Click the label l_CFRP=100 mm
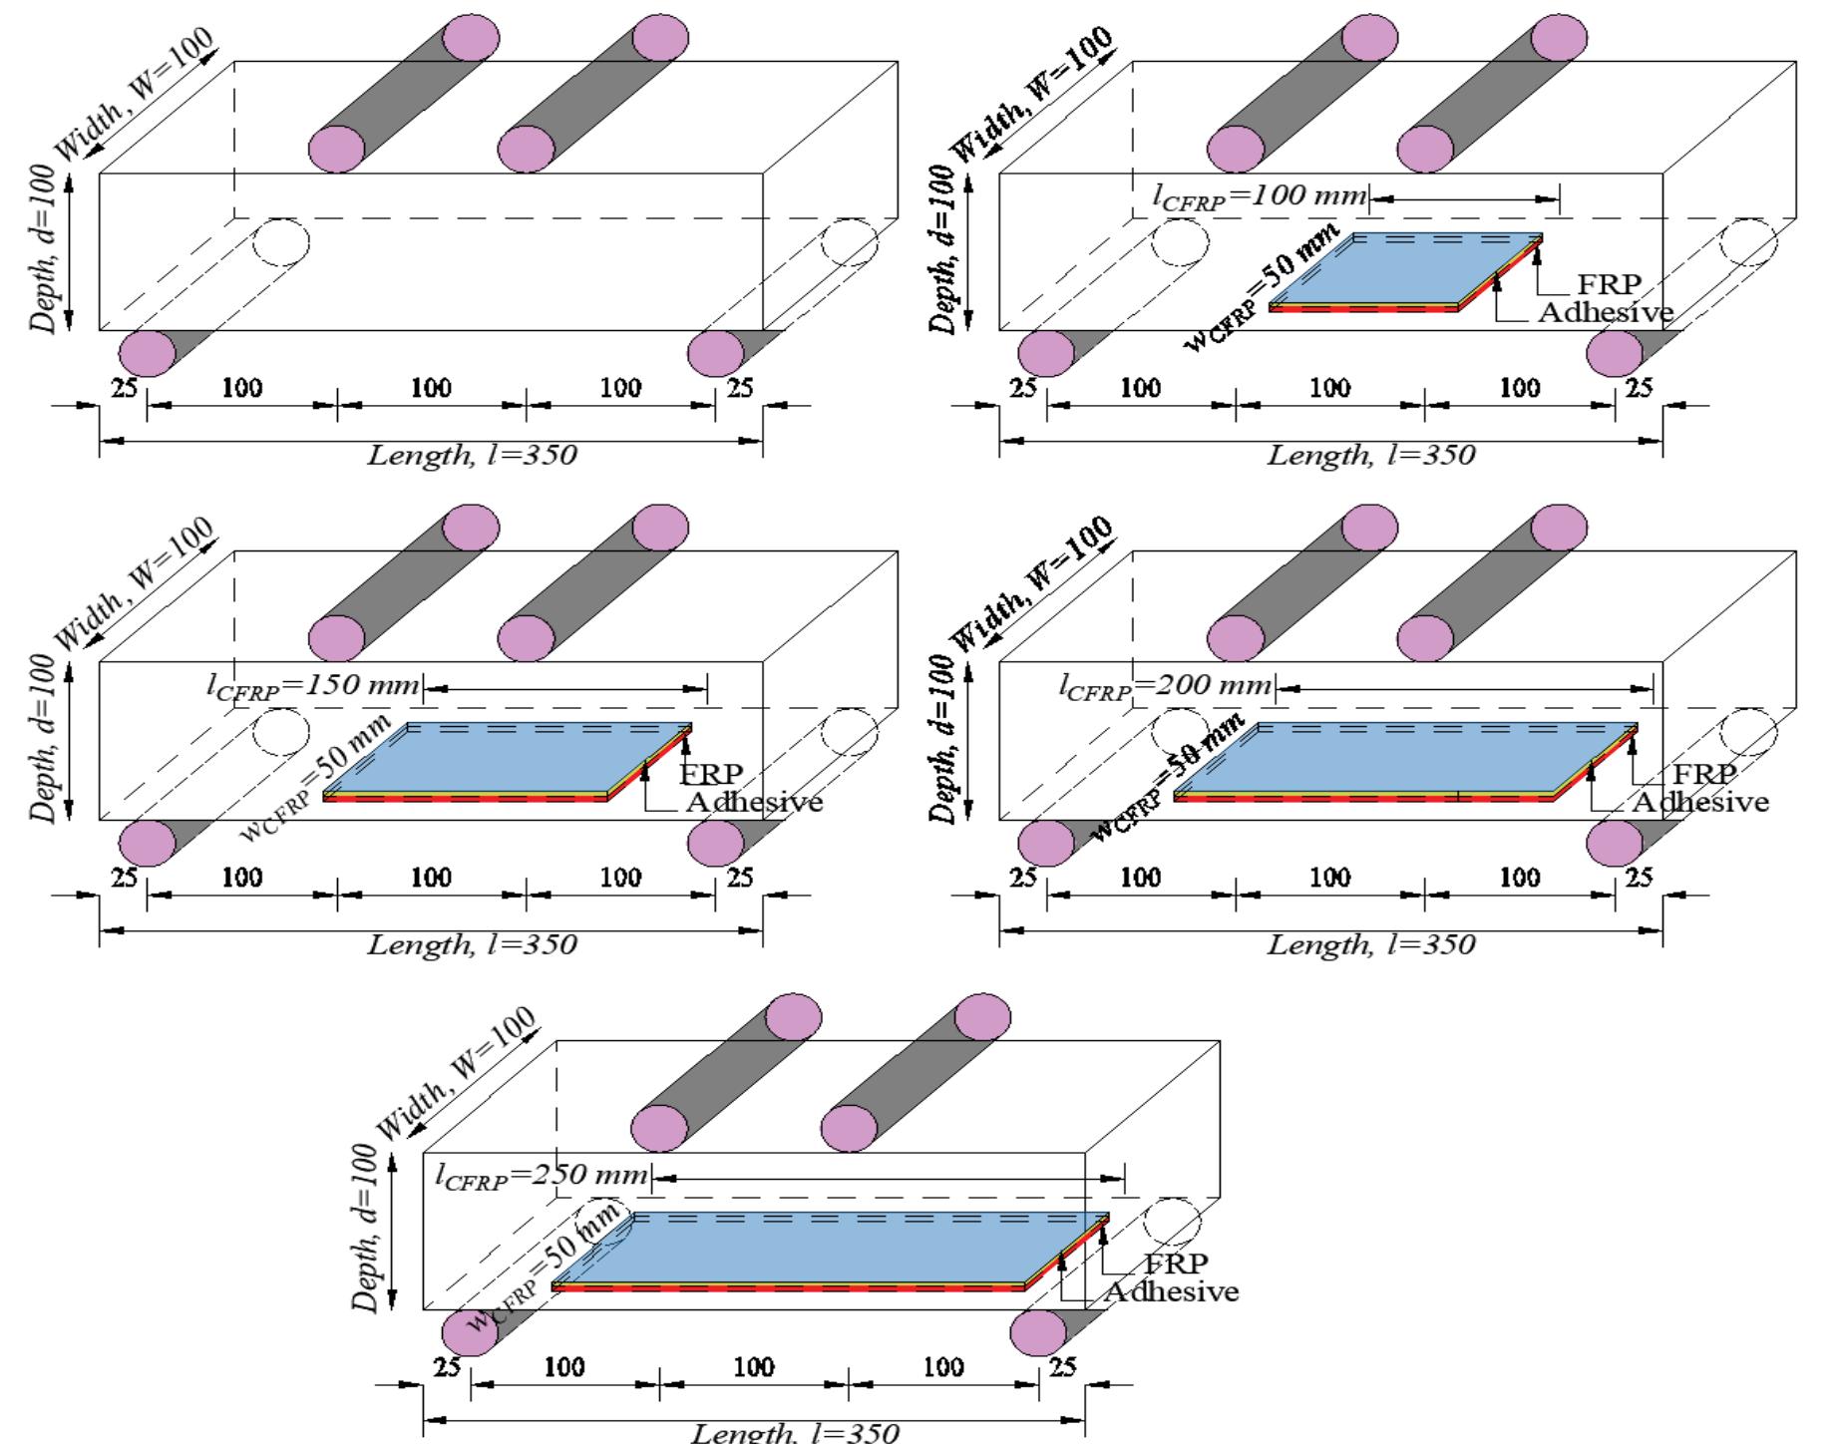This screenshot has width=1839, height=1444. click(x=1259, y=195)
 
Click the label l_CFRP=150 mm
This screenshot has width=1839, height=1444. click(x=313, y=686)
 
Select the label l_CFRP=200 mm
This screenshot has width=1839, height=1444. click(x=1165, y=686)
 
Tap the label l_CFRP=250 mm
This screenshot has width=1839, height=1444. click(x=542, y=1175)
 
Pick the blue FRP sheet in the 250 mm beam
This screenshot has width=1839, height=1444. click(x=828, y=1249)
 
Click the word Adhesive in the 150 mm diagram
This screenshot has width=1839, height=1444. click(x=754, y=802)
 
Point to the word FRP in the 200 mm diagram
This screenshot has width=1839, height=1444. click(x=1704, y=774)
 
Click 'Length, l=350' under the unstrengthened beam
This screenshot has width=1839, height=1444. click(x=472, y=456)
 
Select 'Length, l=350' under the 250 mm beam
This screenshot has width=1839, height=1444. click(x=795, y=1433)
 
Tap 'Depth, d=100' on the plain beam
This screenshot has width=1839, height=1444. click(x=44, y=249)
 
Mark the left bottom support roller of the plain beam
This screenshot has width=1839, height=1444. click(x=148, y=353)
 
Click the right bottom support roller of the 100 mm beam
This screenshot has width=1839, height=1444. click(x=1615, y=353)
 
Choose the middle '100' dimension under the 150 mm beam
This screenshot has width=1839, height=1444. click(x=431, y=878)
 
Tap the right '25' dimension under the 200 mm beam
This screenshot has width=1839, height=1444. click(x=1639, y=878)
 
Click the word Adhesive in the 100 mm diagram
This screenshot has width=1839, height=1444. click(x=1605, y=312)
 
